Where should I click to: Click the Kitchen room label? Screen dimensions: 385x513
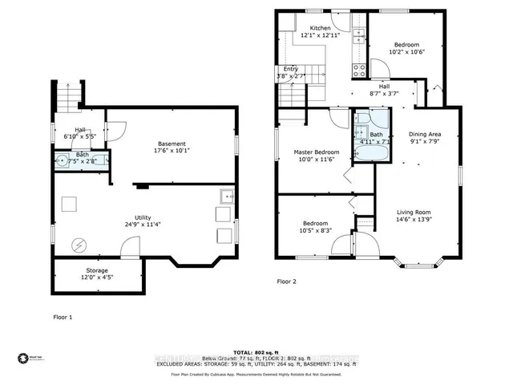pyautogui.click(x=321, y=27)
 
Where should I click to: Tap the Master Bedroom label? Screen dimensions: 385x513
pyautogui.click(x=317, y=152)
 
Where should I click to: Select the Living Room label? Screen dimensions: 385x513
pyautogui.click(x=418, y=213)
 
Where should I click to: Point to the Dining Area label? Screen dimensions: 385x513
pyautogui.click(x=425, y=135)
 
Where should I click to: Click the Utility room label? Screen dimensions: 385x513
pyautogui.click(x=143, y=217)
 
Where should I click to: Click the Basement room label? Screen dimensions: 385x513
pyautogui.click(x=172, y=144)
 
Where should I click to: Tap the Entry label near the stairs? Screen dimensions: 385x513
pyautogui.click(x=291, y=69)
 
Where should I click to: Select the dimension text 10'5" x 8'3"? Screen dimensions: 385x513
pyautogui.click(x=314, y=231)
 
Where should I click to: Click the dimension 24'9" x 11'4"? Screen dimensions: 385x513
pyautogui.click(x=143, y=225)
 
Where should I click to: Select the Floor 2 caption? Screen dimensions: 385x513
pyautogui.click(x=287, y=282)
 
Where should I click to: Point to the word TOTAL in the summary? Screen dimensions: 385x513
pyautogui.click(x=244, y=353)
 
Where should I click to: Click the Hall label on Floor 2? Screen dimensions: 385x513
pyautogui.click(x=385, y=86)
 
